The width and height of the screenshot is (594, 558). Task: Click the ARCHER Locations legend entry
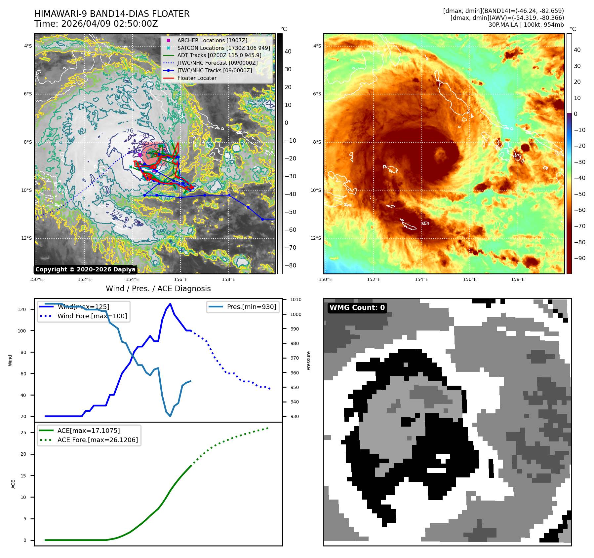tap(212, 40)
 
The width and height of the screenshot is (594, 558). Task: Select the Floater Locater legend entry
tap(197, 78)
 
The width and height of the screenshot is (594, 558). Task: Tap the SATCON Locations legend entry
tap(223, 48)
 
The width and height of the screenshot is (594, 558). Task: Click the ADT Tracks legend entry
tap(219, 55)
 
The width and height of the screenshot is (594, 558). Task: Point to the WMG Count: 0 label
tap(357, 307)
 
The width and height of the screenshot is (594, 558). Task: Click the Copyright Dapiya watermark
tap(85, 269)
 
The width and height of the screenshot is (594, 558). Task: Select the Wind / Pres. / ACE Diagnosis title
tap(158, 289)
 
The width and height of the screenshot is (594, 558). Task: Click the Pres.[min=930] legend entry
tap(251, 307)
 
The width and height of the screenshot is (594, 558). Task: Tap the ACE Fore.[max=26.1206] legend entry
tap(98, 440)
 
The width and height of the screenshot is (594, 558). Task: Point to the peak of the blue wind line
tap(170, 304)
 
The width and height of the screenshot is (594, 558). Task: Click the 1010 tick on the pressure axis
tap(296, 299)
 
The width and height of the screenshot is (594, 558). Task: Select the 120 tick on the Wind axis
tap(22, 309)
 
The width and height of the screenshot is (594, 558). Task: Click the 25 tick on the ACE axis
tap(23, 433)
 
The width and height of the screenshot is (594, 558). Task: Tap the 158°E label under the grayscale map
tap(228, 279)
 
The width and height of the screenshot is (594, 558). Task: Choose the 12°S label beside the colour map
tap(316, 238)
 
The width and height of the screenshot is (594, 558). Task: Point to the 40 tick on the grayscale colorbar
tap(288, 52)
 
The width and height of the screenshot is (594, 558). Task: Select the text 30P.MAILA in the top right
tap(503, 25)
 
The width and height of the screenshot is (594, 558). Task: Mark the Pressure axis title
tap(308, 361)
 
